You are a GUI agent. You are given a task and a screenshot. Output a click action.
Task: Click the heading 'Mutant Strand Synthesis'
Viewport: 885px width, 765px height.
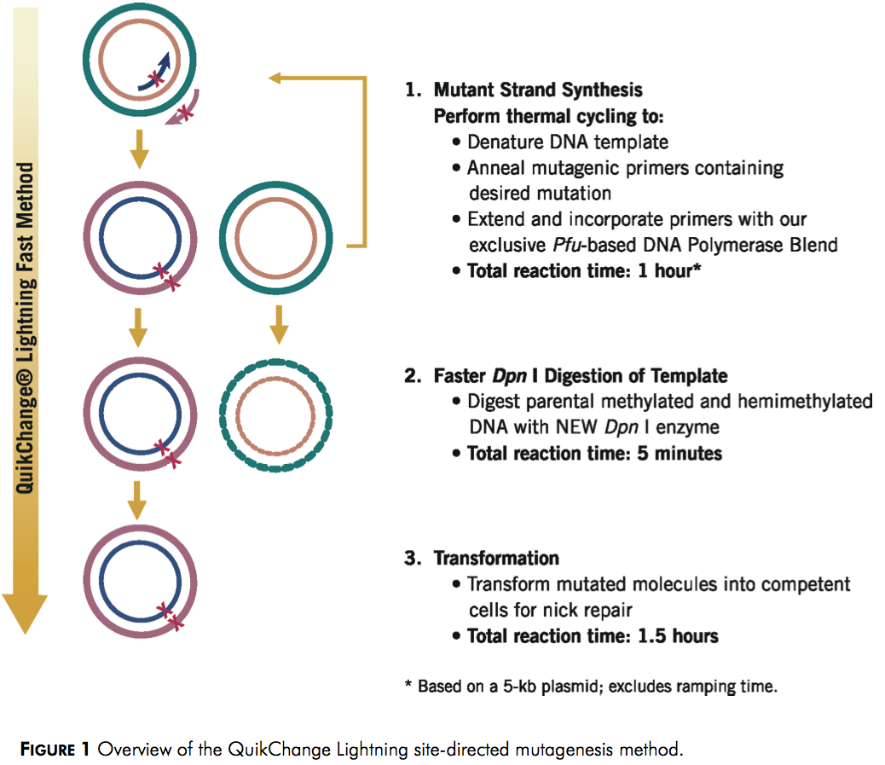point(538,90)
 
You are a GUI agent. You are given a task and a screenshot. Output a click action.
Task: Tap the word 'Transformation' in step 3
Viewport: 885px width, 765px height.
point(496,558)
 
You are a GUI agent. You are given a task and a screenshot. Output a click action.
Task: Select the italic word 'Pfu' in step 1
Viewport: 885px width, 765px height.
point(567,245)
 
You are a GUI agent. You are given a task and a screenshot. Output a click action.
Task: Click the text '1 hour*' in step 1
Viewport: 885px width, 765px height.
point(669,270)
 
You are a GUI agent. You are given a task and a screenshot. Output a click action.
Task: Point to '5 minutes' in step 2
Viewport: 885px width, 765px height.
point(680,454)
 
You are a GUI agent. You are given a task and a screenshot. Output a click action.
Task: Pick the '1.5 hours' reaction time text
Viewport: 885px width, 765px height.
point(678,636)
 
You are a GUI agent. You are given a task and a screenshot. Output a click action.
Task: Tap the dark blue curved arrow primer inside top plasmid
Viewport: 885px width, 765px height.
point(155,72)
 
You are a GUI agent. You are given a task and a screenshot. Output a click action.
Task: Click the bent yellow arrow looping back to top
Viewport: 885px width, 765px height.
point(365,164)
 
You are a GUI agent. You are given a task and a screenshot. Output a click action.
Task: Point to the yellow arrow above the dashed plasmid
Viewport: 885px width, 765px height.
point(279,325)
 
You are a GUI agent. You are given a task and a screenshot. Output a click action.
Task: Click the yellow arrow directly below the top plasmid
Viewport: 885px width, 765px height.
point(140,149)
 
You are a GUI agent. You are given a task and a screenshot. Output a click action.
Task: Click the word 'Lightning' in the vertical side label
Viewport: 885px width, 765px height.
point(25,320)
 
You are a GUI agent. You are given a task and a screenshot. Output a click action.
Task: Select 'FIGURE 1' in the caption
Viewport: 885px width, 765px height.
point(55,749)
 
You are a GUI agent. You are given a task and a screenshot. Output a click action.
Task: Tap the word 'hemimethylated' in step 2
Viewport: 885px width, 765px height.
point(805,401)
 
